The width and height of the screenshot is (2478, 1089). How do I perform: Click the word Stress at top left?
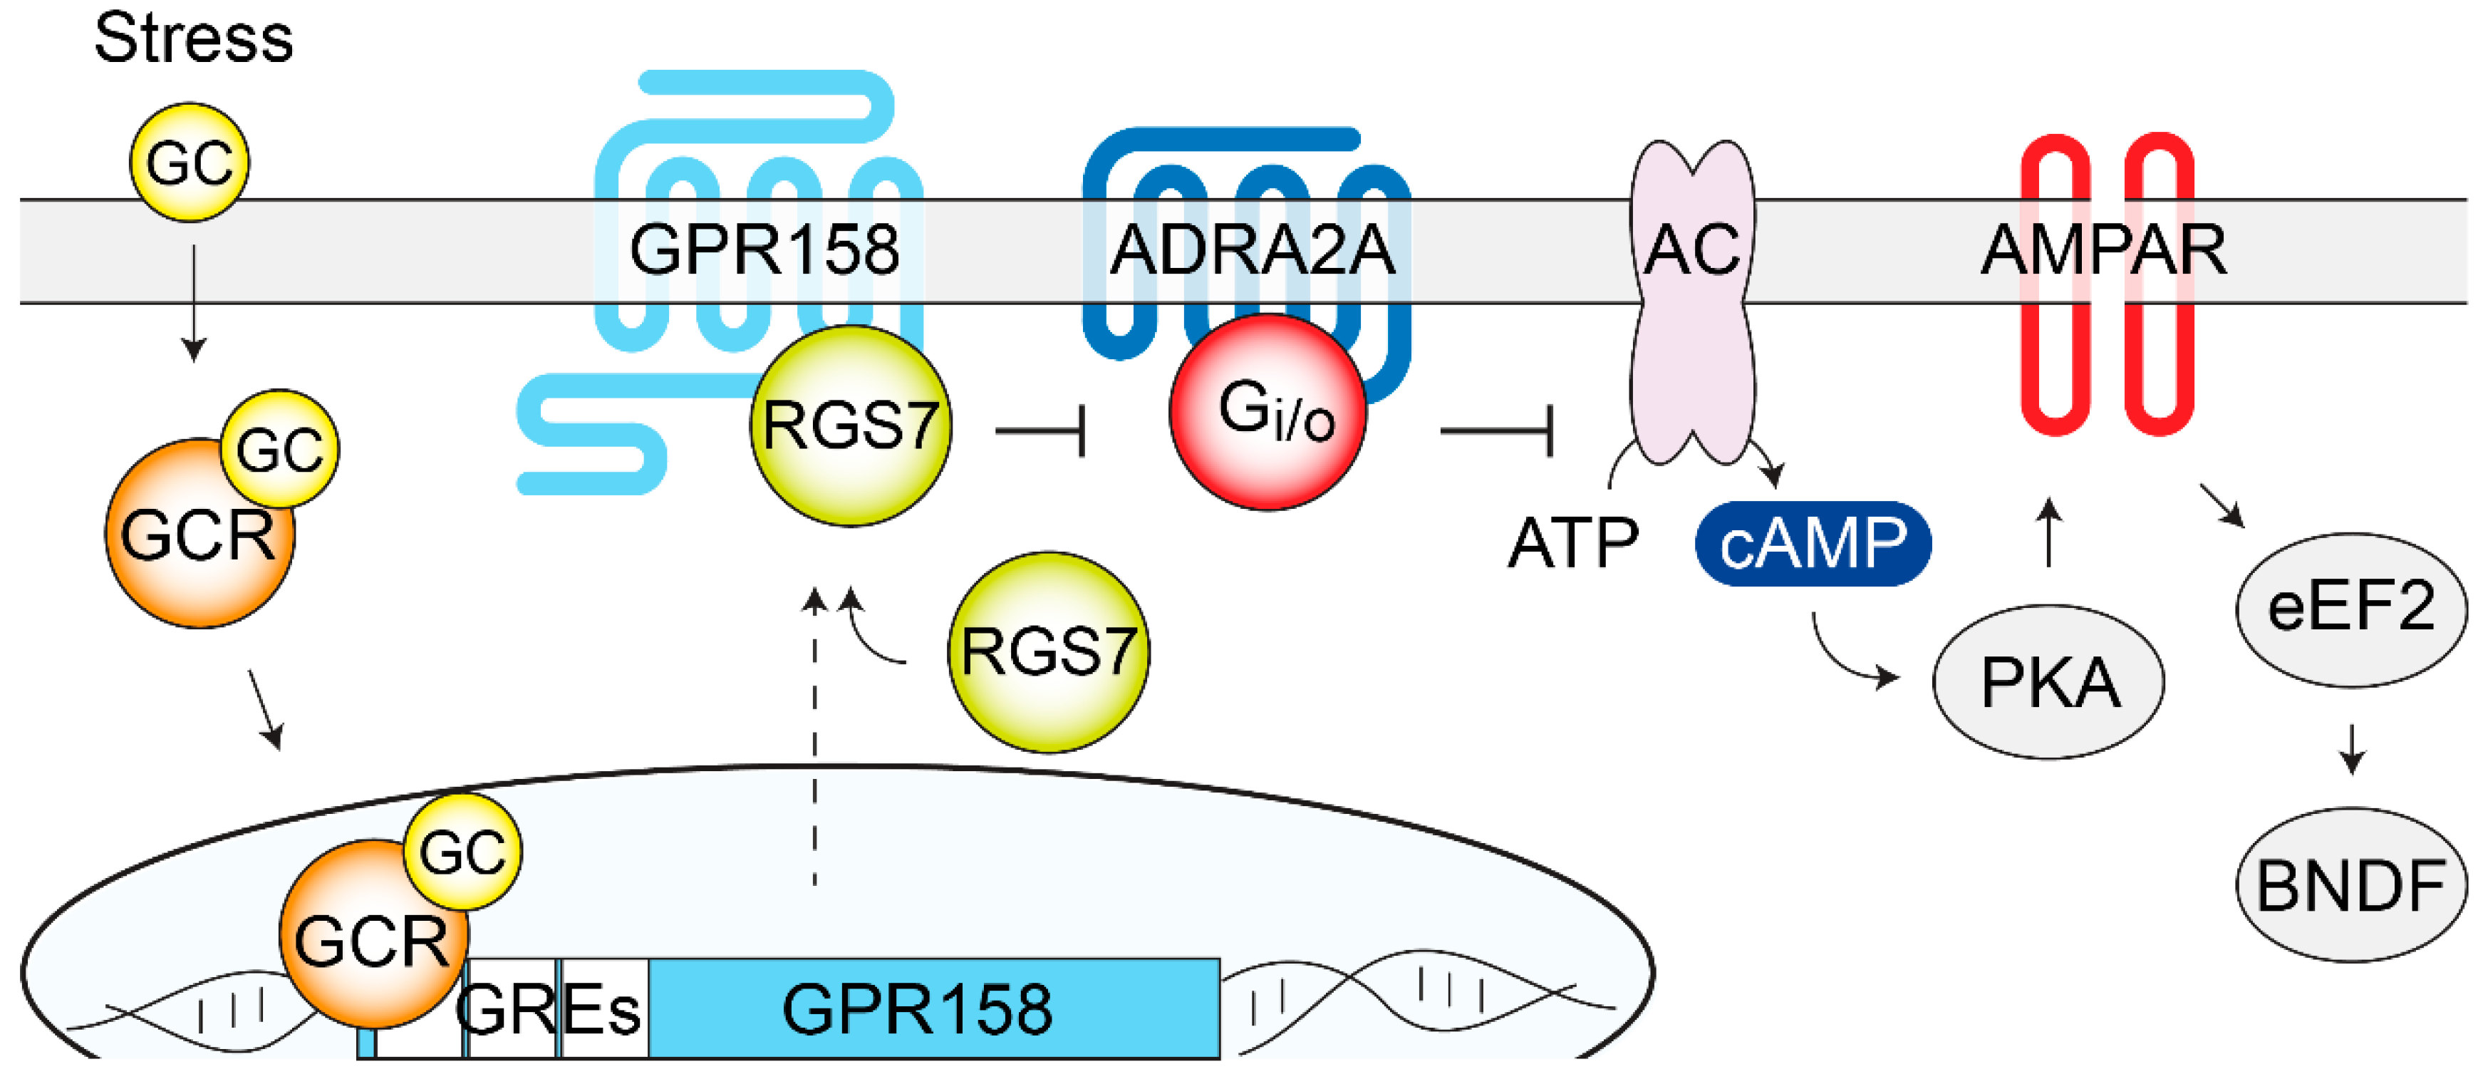tap(193, 38)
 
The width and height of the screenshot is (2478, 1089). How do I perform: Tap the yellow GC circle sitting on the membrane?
tap(190, 162)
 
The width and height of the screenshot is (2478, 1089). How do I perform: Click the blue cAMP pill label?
tap(1813, 544)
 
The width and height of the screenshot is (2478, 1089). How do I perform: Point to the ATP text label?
tap(1573, 544)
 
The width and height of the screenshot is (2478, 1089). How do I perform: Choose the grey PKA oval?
tap(2048, 682)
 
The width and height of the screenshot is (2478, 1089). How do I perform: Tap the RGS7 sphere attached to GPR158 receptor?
tap(851, 426)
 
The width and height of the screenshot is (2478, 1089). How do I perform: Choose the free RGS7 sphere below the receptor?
tap(1049, 652)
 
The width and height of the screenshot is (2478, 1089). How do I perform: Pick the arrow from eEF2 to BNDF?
tap(2351, 748)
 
